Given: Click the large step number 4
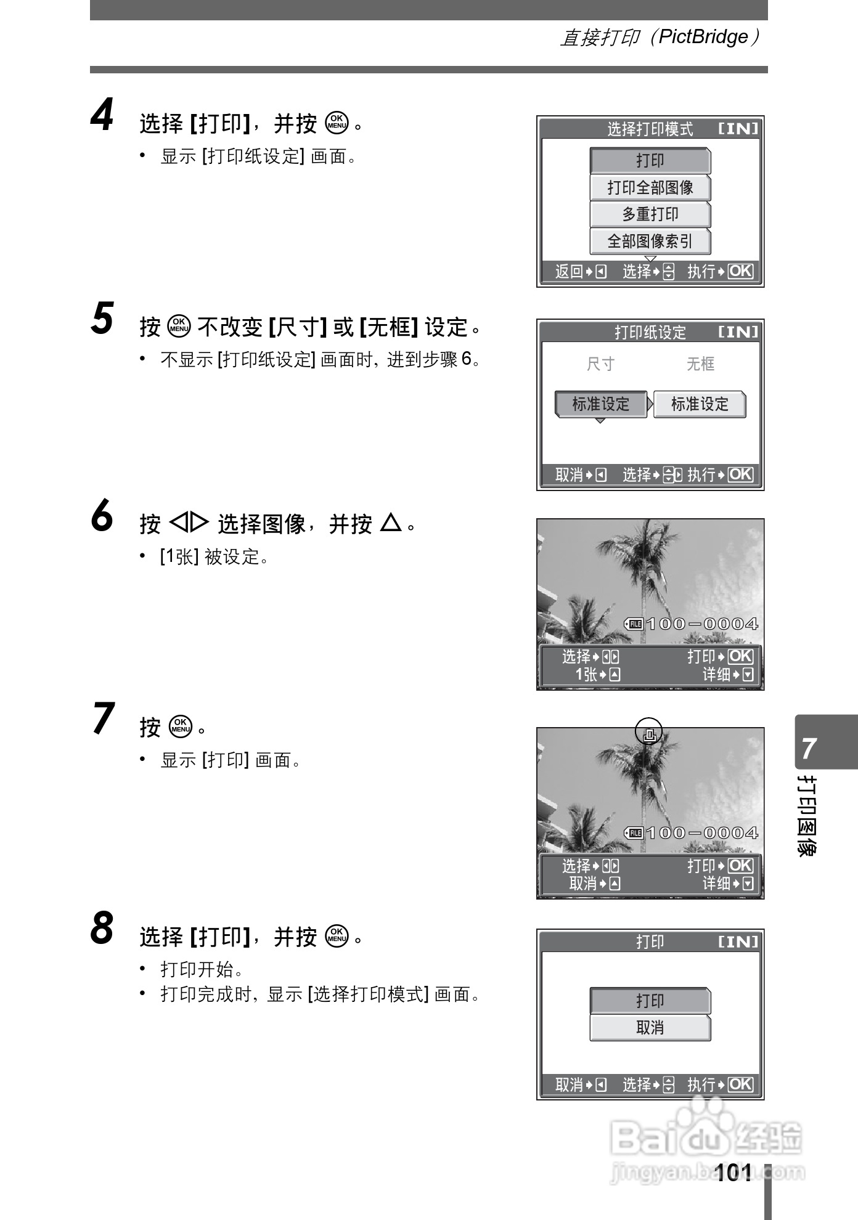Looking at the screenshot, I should click(x=103, y=116).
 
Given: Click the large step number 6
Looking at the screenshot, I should click(x=102, y=516).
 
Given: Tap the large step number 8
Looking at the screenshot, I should click(x=102, y=929).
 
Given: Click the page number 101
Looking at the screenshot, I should click(x=734, y=1172).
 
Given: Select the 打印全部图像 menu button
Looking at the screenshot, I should click(x=650, y=187).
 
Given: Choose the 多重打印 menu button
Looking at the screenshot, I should click(x=650, y=214).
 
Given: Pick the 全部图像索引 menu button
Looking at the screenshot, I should click(x=650, y=242).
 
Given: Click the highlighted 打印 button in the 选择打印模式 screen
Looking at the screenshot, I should click(x=650, y=161).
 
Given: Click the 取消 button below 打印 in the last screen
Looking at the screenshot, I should click(x=650, y=1028).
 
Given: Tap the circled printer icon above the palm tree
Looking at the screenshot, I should click(x=649, y=732).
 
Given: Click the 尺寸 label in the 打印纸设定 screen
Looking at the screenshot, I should click(x=600, y=364).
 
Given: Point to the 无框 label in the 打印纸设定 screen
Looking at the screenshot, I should click(x=700, y=364).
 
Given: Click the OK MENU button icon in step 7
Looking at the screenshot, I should click(x=181, y=726).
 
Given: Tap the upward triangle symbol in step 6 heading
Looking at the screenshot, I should click(x=391, y=523).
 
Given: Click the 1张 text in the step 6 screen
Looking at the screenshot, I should click(x=586, y=675).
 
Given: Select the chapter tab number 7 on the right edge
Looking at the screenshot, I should click(x=809, y=748).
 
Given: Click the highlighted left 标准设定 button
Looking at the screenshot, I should click(x=601, y=404).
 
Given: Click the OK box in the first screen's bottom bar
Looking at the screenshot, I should click(x=740, y=271).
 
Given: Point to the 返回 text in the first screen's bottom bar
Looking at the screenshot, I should click(x=568, y=272).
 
